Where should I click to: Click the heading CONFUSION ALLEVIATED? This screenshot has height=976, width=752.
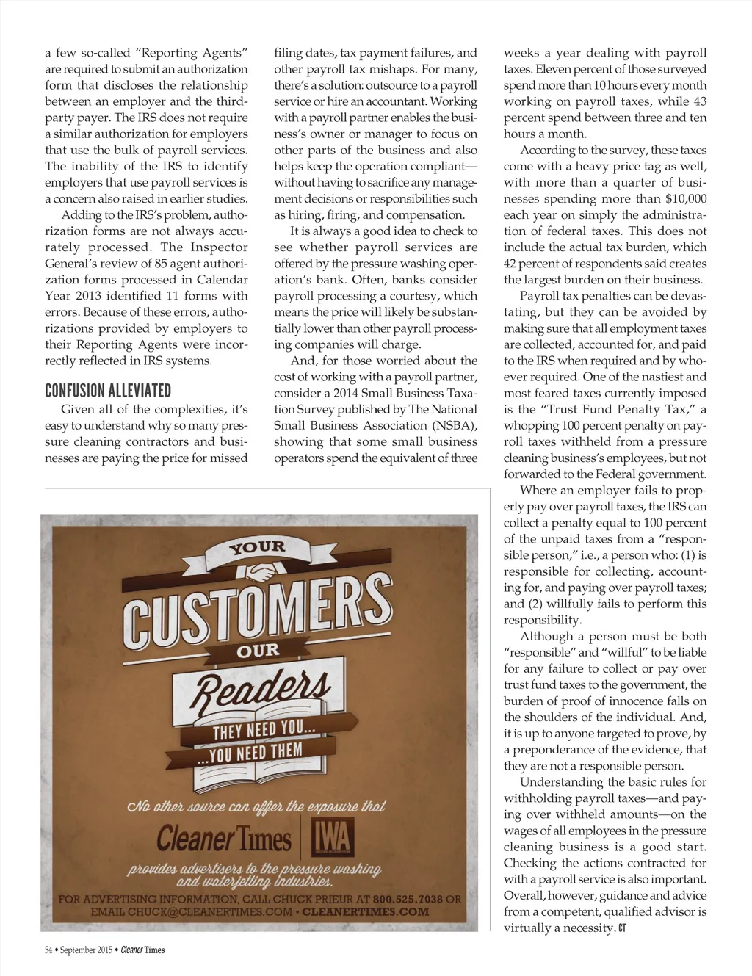point(108,390)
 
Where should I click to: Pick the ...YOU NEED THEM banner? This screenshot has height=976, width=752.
point(250,753)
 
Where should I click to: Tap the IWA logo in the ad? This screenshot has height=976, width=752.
point(331,838)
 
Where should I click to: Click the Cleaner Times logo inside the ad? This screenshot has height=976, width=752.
point(224,838)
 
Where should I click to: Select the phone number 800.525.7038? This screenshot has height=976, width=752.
point(408,899)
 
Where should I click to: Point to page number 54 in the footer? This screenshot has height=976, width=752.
point(49,950)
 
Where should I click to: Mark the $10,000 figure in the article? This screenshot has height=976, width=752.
point(686,198)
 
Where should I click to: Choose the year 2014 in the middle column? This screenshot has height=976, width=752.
point(337,393)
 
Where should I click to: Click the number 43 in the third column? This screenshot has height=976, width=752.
point(700,101)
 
